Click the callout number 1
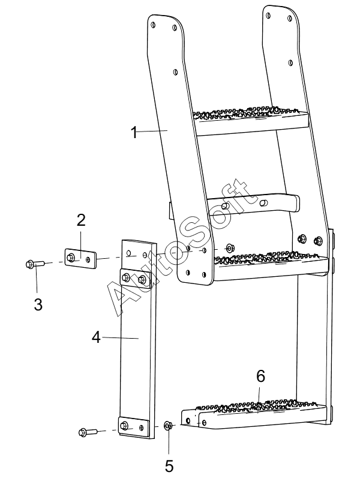coord(134,132)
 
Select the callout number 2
coord(81,220)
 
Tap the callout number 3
coord(38,304)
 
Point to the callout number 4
coord(96,337)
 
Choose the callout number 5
coord(169,466)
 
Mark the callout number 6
coord(261,376)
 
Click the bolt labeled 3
coord(35,264)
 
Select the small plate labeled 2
coord(80,259)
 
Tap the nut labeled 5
coord(168,426)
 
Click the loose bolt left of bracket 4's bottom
coord(88,432)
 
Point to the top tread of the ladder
coord(251,121)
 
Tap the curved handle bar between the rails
coord(253,204)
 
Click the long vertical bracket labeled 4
coord(138,322)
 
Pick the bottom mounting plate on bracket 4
coord(133,427)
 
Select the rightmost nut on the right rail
coord(318,241)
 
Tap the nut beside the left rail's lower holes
coord(229,247)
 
